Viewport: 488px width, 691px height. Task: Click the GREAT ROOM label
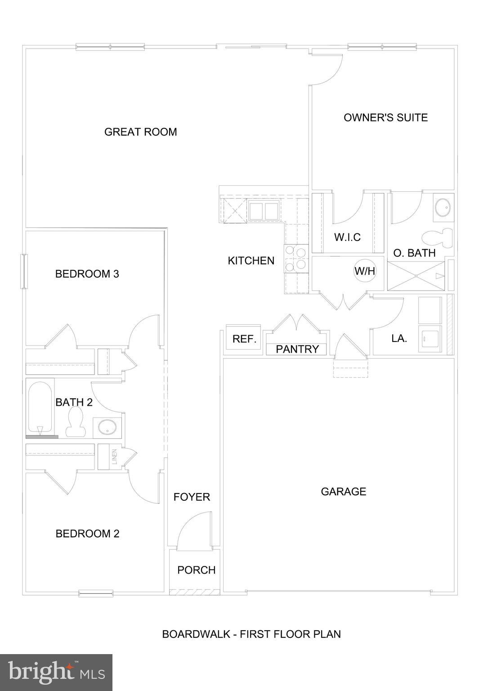(x=140, y=132)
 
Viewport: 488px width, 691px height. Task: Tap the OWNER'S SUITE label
(x=385, y=117)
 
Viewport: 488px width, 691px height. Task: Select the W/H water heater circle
(x=365, y=271)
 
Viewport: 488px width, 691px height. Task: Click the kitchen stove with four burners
(x=295, y=259)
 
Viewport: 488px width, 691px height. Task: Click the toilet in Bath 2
(x=75, y=423)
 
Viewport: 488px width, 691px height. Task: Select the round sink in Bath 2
(x=107, y=427)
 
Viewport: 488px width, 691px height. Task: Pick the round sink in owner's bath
(x=443, y=207)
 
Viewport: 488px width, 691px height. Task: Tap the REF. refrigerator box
(x=244, y=339)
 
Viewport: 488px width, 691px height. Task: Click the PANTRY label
(x=297, y=349)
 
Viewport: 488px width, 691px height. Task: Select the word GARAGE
(x=343, y=491)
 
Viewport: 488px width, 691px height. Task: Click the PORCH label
(x=196, y=570)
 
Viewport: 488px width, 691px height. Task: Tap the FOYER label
(x=192, y=497)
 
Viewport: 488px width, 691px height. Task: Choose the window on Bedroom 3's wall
(x=24, y=271)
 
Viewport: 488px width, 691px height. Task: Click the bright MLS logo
(x=56, y=672)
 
